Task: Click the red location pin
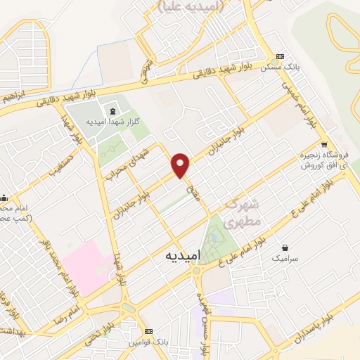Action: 181,165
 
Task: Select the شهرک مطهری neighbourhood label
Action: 243,212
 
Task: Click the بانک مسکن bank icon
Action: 281,56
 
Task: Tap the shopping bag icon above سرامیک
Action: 286,247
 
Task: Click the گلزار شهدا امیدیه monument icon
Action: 112,110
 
